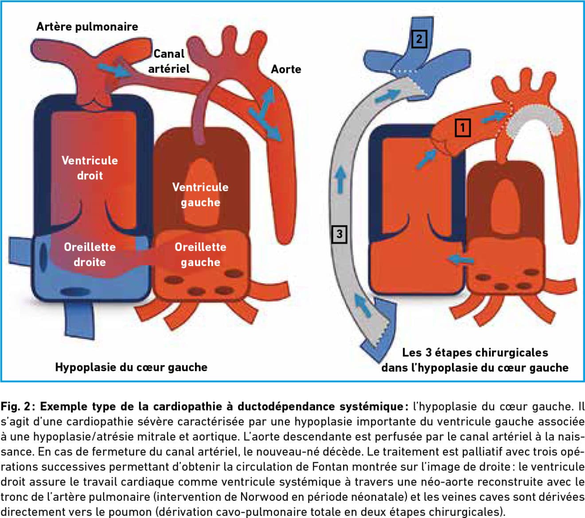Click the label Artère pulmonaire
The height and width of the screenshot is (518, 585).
point(87,27)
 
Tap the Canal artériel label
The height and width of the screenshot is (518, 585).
point(168,61)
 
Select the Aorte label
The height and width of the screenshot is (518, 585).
point(286,69)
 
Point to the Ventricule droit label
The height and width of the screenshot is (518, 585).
point(90,168)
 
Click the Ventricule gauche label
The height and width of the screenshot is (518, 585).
point(200,194)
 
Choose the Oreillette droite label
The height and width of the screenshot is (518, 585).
point(90,254)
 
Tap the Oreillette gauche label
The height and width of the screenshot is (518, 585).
point(200,254)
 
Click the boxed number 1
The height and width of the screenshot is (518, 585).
point(463,128)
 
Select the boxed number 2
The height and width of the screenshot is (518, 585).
point(419,39)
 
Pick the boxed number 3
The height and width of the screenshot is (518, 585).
point(339,234)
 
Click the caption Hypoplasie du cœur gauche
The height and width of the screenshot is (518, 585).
point(131,367)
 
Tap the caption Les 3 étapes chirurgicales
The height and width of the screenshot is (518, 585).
point(475,353)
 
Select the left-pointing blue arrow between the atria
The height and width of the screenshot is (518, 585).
point(460,259)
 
